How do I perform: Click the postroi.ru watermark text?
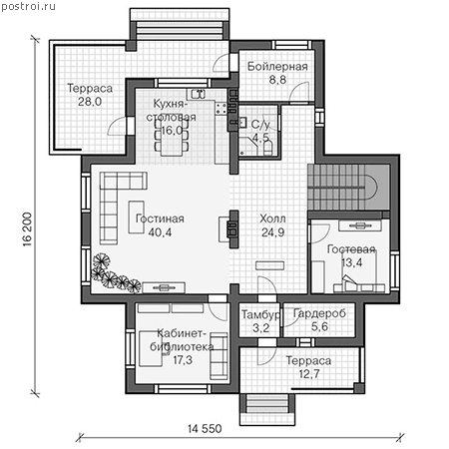pyautogui.click(x=28, y=7)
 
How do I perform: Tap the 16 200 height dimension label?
pyautogui.click(x=28, y=229)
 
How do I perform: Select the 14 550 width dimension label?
pyautogui.click(x=205, y=429)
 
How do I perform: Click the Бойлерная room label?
pyautogui.click(x=277, y=67)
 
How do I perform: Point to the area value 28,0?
pyautogui.click(x=90, y=102)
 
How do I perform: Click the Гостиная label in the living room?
pyautogui.click(x=160, y=219)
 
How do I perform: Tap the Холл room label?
pyautogui.click(x=272, y=219)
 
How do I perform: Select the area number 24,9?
pyautogui.click(x=272, y=232)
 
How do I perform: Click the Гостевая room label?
pyautogui.click(x=351, y=249)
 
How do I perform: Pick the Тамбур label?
pyautogui.click(x=260, y=314)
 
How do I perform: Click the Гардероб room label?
pyautogui.click(x=319, y=313)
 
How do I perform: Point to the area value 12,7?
pyautogui.click(x=309, y=374)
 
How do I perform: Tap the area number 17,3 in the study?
pyautogui.click(x=183, y=360)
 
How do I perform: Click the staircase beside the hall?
pyautogui.click(x=348, y=187)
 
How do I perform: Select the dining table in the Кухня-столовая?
pyautogui.click(x=172, y=137)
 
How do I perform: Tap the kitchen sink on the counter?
pyautogui.click(x=198, y=94)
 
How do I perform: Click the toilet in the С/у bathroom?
pyautogui.click(x=268, y=149)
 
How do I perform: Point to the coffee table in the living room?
pyautogui.click(x=137, y=217)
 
